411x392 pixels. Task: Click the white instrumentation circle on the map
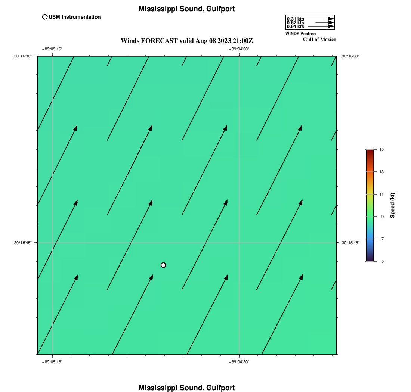click(x=163, y=265)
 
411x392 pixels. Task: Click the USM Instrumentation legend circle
click(x=45, y=17)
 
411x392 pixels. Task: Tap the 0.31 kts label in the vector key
click(x=296, y=19)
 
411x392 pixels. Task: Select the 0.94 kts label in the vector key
click(x=296, y=27)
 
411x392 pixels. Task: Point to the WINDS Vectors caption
click(x=300, y=34)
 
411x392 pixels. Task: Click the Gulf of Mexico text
click(x=319, y=40)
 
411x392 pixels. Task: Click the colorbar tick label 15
click(x=381, y=150)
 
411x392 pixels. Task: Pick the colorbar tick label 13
click(x=381, y=172)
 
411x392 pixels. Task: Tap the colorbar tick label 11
click(x=381, y=194)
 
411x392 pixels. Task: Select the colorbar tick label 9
click(x=383, y=217)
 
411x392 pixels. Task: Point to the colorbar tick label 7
click(x=383, y=239)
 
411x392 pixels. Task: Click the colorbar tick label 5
click(x=383, y=261)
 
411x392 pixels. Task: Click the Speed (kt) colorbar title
click(x=392, y=206)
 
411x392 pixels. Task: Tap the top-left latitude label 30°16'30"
click(x=23, y=56)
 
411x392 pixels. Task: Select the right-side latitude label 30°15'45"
click(x=350, y=243)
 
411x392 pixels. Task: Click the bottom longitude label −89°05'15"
click(x=52, y=362)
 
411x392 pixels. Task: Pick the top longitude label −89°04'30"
click(x=239, y=49)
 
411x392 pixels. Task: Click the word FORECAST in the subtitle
click(x=160, y=41)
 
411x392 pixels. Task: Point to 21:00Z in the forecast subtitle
click(x=243, y=41)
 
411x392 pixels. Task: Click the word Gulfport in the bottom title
click(x=220, y=388)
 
